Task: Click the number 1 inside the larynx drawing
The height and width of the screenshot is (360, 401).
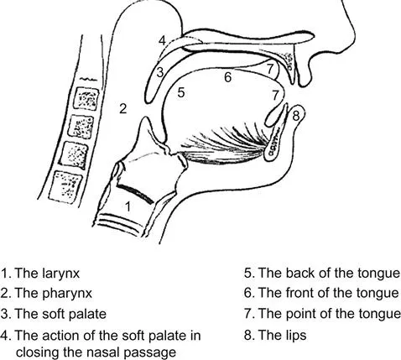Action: tap(128, 206)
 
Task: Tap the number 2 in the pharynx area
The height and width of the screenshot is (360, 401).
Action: tap(123, 108)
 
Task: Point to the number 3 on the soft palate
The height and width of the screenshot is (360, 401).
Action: tap(160, 72)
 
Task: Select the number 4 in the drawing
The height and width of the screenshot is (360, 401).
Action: tap(163, 41)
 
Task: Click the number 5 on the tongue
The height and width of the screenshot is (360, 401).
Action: tap(181, 92)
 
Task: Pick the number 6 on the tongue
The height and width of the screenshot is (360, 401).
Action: tap(228, 77)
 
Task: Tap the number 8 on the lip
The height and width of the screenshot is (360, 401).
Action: tap(296, 116)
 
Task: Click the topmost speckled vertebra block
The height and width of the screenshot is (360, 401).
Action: tap(86, 98)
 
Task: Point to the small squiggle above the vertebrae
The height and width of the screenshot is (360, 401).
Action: tap(88, 80)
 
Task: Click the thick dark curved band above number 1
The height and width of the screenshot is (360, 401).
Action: tap(135, 193)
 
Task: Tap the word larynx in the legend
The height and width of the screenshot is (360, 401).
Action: tap(61, 274)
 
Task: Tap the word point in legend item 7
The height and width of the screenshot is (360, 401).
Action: tap(301, 314)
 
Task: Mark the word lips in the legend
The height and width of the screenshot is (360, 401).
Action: tap(296, 335)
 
